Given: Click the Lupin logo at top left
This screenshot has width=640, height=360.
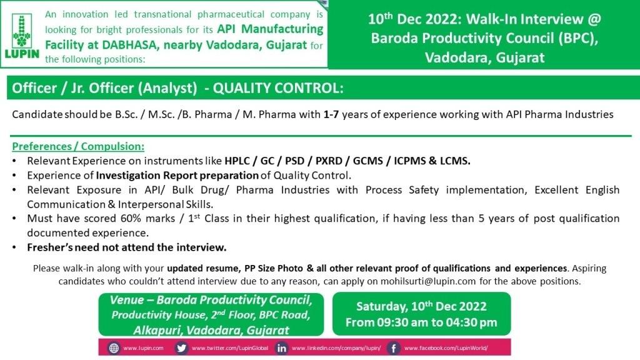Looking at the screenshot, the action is click(22, 36).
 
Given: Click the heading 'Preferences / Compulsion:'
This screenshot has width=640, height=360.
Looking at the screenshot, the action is click(78, 146).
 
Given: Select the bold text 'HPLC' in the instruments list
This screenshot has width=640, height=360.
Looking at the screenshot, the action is click(237, 161).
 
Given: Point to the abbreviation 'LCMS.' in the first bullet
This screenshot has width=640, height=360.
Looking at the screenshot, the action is click(455, 161).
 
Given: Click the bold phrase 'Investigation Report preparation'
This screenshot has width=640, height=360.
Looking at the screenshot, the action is click(177, 176).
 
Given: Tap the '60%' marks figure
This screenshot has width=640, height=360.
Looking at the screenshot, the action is click(131, 218).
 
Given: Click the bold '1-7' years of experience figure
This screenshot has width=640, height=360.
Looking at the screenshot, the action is click(331, 114).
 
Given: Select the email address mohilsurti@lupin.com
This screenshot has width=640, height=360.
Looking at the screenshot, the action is click(428, 281).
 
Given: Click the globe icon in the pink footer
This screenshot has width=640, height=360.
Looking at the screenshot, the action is click(114, 348).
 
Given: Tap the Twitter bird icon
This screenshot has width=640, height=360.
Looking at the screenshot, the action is click(181, 348).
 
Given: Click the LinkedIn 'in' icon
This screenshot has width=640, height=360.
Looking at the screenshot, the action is click(282, 348).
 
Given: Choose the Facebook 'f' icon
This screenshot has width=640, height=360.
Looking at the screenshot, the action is click(393, 348).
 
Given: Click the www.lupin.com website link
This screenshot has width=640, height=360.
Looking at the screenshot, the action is click(143, 348).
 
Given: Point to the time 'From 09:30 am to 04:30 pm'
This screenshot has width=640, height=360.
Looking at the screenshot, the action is click(421, 322).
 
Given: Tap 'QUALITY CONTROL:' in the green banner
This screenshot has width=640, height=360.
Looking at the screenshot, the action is click(278, 87).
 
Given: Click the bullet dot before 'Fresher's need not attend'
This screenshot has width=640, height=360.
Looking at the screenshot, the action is click(15, 247).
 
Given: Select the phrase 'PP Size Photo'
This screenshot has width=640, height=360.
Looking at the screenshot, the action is click(274, 268).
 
